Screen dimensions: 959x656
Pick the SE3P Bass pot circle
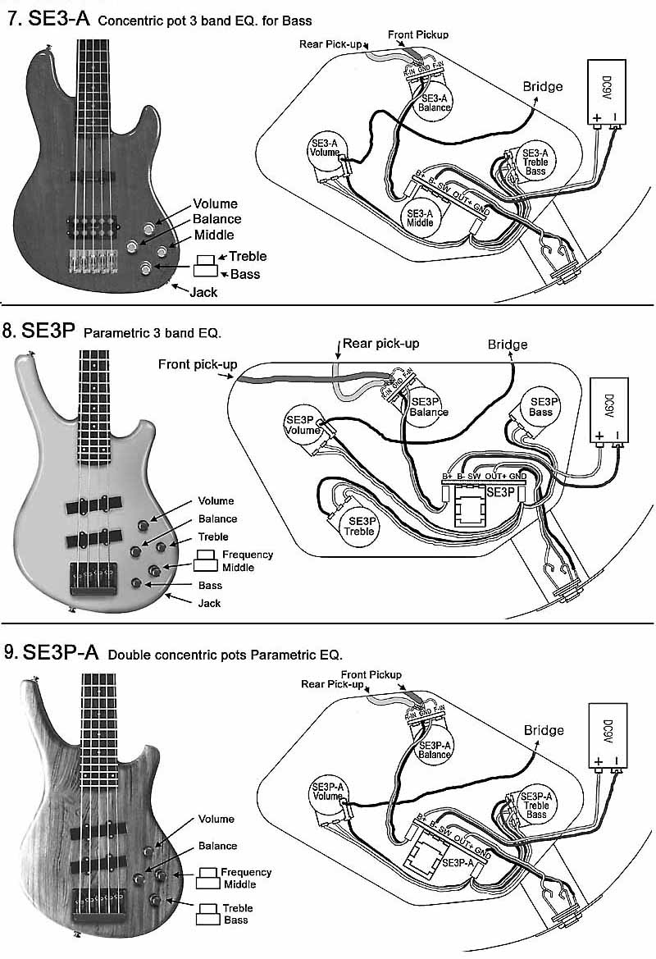[x=540, y=406]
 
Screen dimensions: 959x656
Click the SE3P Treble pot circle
[x=361, y=526]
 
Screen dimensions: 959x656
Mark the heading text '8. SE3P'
[x=39, y=331]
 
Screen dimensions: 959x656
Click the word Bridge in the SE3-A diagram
[x=543, y=86]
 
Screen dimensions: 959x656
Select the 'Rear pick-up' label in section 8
[x=380, y=343]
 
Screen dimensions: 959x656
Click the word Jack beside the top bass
[x=203, y=291]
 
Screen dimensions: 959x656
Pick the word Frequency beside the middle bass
[x=248, y=555]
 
